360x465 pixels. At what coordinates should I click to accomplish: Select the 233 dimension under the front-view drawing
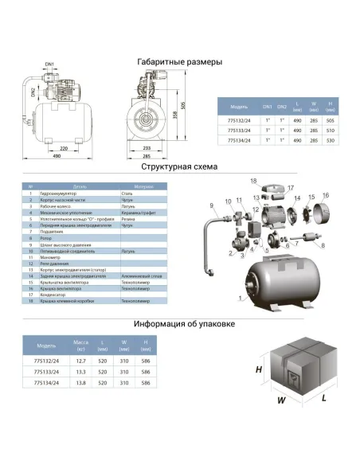(x=147, y=148)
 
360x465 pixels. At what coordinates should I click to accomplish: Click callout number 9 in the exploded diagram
(x=212, y=205)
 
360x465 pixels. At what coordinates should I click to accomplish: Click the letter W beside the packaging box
(x=280, y=401)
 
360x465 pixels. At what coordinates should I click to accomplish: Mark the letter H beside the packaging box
(x=259, y=370)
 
